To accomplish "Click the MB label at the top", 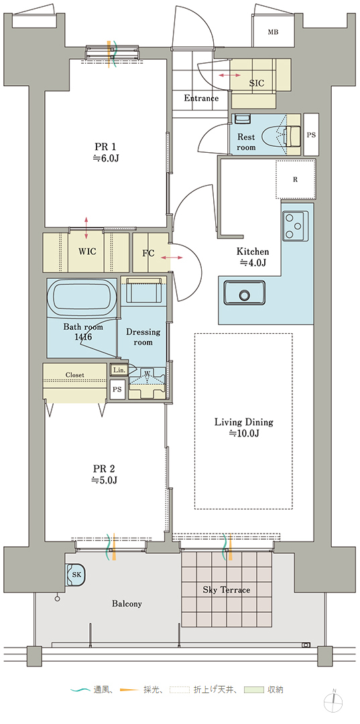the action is coord(274,32).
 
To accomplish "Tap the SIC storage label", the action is coord(257,83).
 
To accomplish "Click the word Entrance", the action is coord(201,98).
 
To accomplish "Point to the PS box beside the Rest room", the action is coord(311,134).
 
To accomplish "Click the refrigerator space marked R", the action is coord(296,180).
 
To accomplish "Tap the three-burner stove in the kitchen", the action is coord(296,226).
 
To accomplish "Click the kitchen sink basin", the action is coord(245,293).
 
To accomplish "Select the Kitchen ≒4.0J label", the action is coord(253,257).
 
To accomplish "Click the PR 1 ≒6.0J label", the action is coord(105,152).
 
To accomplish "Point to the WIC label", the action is coord(87,251).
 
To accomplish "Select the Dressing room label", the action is coord(143,337).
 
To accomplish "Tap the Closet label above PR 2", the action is coord(75,375).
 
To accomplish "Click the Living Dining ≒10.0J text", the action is coord(244,427).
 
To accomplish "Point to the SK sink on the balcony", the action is coord(76,575).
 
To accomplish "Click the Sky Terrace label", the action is coord(227,590).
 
